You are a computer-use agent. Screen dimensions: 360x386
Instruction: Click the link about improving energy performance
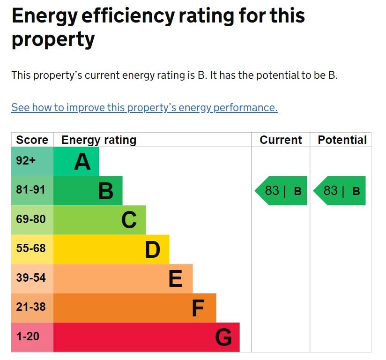144,107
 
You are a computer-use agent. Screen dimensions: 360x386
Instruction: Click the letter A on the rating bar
82,162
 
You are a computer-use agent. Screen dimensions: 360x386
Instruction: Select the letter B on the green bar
106,191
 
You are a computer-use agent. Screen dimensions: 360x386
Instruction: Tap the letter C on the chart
129,220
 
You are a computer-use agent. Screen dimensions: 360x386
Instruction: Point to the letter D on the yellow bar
152,250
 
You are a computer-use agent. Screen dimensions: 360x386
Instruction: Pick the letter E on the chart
175,279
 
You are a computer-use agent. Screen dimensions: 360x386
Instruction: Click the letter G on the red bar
223,337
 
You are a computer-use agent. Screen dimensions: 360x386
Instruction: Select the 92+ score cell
26,161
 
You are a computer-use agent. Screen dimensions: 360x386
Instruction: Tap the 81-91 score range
31,190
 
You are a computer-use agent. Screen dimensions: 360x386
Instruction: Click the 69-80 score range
31,219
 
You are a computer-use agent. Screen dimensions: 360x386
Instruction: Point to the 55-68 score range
31,248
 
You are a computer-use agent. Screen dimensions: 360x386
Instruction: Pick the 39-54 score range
31,278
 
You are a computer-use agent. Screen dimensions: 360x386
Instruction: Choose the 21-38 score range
31,307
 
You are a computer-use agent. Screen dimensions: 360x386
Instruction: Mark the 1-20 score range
28,337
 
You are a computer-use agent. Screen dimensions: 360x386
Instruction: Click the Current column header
281,140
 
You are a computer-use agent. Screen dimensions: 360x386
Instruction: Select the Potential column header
342,140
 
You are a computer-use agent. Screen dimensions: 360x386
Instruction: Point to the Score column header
32,140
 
